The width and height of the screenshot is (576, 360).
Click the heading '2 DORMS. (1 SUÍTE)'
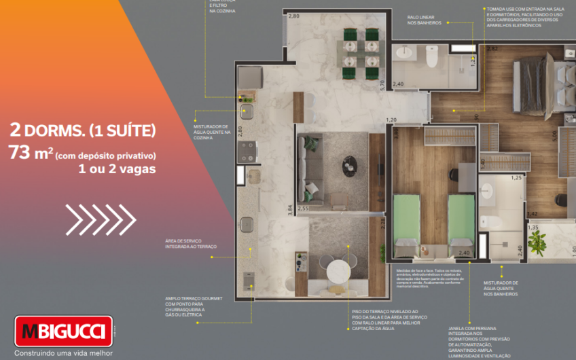[x=83, y=129]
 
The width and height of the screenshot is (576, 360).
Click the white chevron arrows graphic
[x=101, y=219]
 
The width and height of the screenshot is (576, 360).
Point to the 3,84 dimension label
[x=290, y=210]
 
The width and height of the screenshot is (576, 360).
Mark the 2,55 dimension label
[x=304, y=209]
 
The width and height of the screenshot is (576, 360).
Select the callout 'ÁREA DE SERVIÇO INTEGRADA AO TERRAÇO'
[x=191, y=244]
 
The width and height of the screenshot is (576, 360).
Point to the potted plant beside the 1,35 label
[x=538, y=240]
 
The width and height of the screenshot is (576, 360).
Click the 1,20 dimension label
[x=391, y=120]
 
